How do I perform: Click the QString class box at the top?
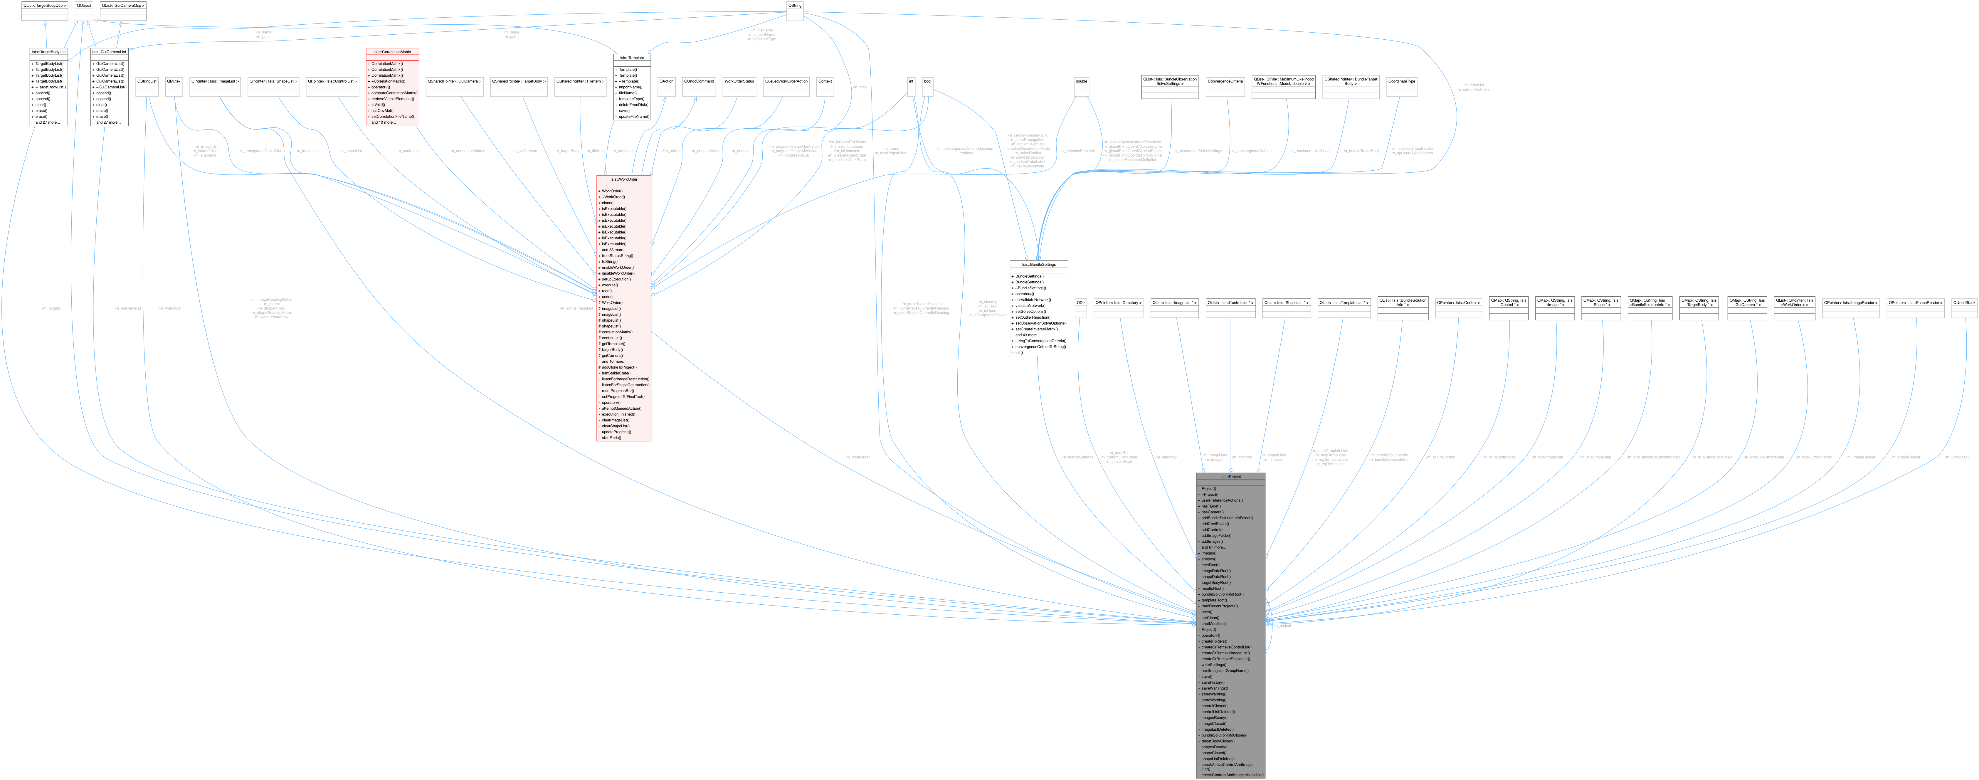point(794,5)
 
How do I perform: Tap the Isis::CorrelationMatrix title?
point(392,51)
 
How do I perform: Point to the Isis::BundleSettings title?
point(1038,264)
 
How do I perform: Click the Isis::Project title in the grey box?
point(1230,476)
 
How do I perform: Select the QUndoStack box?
point(1964,303)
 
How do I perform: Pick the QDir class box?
point(1080,303)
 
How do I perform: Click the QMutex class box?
point(174,81)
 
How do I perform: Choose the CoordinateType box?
point(1401,81)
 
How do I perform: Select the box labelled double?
point(1081,81)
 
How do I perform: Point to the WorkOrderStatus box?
point(739,81)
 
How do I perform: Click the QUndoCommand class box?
point(698,81)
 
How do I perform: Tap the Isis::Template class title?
point(632,58)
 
